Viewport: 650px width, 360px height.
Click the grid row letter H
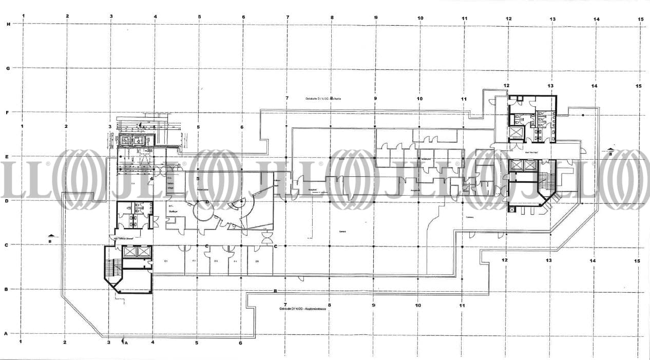(x=8, y=24)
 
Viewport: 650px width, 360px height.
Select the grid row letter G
(x=8, y=68)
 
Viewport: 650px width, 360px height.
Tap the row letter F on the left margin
(x=7, y=112)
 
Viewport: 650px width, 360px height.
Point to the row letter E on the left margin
(x=7, y=157)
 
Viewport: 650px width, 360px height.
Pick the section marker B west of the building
(x=50, y=238)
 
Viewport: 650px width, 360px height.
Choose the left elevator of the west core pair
(x=129, y=252)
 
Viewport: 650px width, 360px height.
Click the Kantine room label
(x=342, y=231)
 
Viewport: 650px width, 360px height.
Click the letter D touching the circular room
(x=207, y=202)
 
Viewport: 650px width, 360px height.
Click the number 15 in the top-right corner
(x=640, y=19)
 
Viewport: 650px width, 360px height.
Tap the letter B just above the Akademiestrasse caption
(x=276, y=291)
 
